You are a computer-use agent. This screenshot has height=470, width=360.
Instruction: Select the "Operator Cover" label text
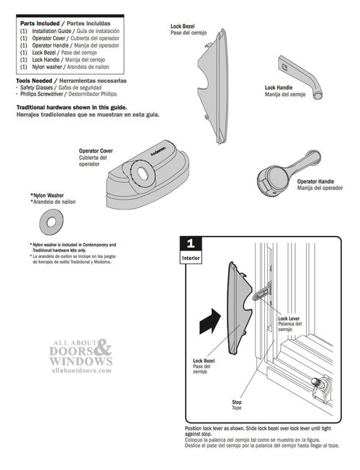[95, 151]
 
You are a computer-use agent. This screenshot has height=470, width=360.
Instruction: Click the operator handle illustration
[280, 176]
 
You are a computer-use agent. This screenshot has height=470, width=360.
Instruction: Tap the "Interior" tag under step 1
[190, 257]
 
